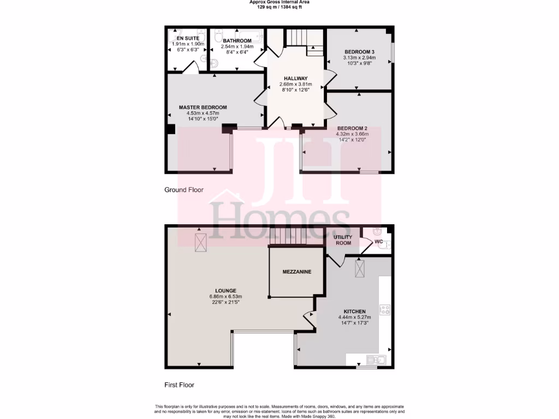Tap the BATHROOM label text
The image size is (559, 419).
coord(236,41)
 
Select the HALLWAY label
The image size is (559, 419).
coord(295,79)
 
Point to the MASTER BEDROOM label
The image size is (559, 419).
coord(203,107)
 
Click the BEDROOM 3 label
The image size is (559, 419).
coord(358,51)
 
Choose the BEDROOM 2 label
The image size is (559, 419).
coord(352,128)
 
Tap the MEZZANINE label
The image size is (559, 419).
coord(296,272)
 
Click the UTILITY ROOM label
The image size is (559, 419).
coord(343,240)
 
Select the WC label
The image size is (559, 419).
coord(378,241)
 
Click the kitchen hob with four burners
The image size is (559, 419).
coord(385,310)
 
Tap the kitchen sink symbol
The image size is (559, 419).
coord(376,360)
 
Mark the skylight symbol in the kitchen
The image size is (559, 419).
coord(361,268)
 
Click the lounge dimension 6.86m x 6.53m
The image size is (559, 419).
coord(225,296)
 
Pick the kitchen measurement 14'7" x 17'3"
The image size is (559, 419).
coord(354,323)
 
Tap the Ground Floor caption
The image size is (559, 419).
coord(184,190)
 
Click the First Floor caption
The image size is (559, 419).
coord(180,385)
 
